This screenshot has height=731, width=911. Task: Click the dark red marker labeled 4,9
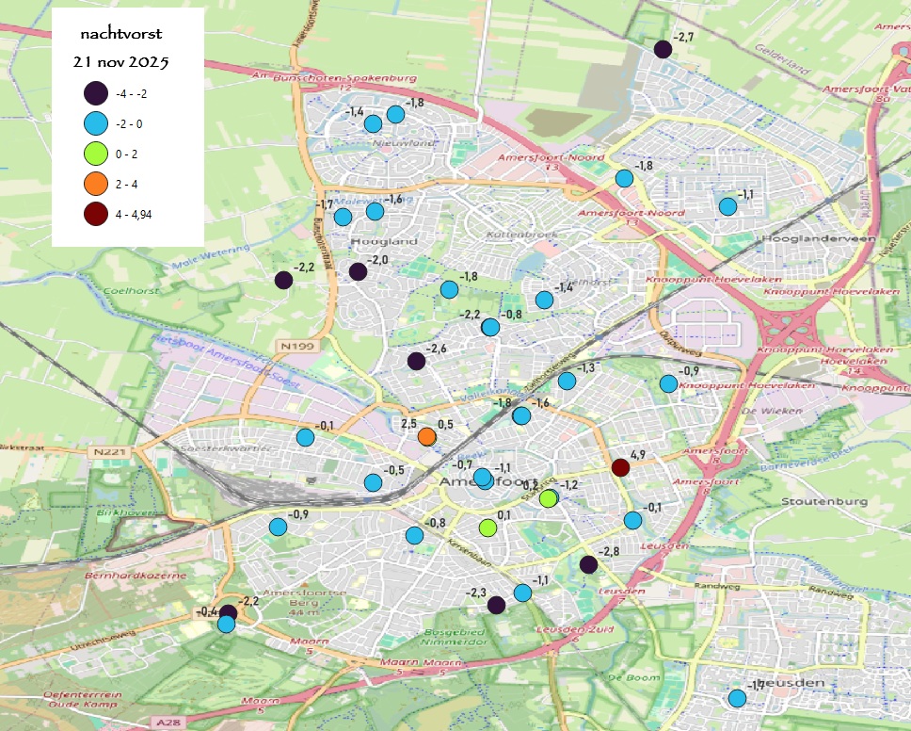[x=620, y=467]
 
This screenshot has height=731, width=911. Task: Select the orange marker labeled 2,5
[x=426, y=437]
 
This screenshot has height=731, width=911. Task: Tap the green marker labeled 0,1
[x=487, y=528]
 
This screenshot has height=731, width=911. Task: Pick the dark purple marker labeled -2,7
[x=663, y=50]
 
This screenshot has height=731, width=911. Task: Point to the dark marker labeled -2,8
[x=588, y=564]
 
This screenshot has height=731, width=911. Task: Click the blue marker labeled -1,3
[x=567, y=381]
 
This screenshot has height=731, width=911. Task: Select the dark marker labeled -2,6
[x=416, y=361]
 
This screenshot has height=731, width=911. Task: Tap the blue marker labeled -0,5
[x=373, y=482]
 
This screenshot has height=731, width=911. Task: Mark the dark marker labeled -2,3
[x=496, y=605]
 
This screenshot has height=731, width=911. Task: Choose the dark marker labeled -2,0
[x=358, y=272]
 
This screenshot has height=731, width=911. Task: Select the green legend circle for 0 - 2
[x=95, y=154]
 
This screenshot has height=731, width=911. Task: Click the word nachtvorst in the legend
[x=121, y=34]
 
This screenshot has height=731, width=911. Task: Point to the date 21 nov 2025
[x=121, y=63]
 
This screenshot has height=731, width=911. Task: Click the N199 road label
[x=293, y=348]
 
